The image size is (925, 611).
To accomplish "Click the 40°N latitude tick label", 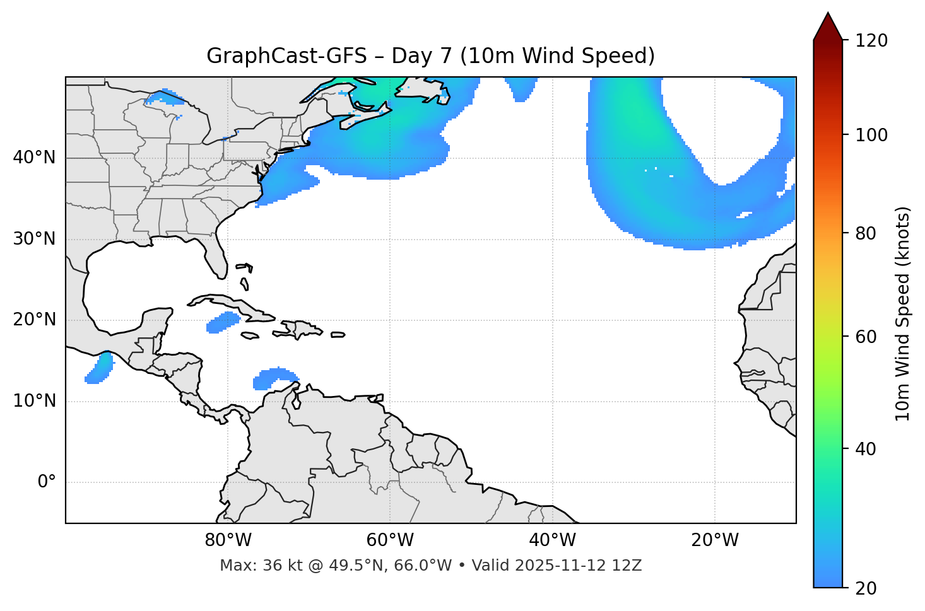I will tap(34, 158).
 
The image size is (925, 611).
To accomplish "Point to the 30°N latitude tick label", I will tap(34, 239).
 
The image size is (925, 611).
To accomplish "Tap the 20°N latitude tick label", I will tap(34, 320).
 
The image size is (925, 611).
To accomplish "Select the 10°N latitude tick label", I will tap(34, 401).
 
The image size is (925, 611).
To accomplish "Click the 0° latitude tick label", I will tap(47, 482).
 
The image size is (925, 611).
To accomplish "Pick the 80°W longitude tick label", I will tap(228, 540).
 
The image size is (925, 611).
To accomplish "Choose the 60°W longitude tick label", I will tap(390, 540).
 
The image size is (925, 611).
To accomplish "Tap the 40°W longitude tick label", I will tap(552, 540).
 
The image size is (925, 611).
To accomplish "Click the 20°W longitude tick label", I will tap(714, 540).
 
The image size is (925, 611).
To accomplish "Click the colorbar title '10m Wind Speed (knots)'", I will tap(903, 314).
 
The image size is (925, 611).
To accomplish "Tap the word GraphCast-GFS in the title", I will tap(286, 56).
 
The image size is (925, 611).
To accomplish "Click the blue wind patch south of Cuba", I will tap(223, 322).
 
